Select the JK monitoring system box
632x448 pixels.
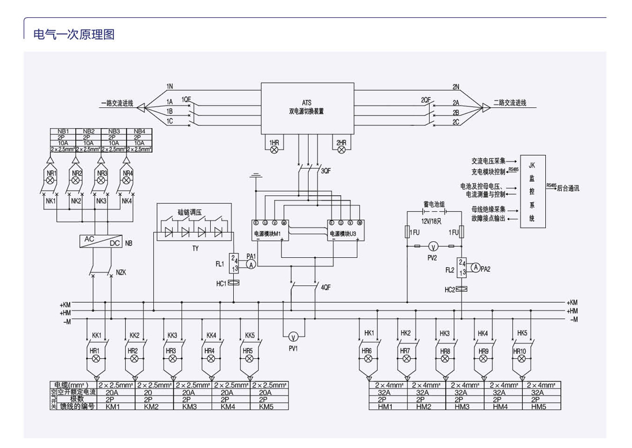click(x=533, y=191)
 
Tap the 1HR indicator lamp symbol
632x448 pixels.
click(x=274, y=149)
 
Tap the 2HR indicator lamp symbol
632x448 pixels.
click(x=341, y=149)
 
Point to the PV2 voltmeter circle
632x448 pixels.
click(x=433, y=246)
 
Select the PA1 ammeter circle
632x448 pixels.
click(x=251, y=264)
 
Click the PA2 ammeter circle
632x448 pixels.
click(x=475, y=268)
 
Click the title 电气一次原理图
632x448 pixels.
click(x=74, y=34)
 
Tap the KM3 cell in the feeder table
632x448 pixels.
click(x=192, y=406)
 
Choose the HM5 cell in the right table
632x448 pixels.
click(x=538, y=406)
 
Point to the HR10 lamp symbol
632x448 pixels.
click(x=522, y=358)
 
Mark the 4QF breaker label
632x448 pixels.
click(x=325, y=287)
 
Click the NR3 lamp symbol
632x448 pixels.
click(x=101, y=180)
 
